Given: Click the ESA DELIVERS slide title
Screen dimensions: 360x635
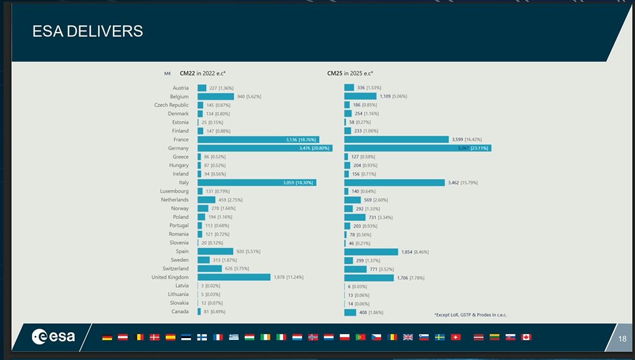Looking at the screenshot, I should [88, 31].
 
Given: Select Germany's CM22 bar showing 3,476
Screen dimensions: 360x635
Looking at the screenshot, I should [264, 148].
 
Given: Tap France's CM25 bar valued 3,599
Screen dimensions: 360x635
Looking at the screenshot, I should [396, 140].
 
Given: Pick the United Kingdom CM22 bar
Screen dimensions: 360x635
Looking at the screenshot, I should [234, 277].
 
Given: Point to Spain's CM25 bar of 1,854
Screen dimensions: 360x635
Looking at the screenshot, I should [371, 252].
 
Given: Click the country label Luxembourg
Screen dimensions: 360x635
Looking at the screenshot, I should [174, 191].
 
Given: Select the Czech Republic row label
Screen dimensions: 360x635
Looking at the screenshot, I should [171, 105].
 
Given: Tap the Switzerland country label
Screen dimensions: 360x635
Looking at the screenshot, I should [176, 268].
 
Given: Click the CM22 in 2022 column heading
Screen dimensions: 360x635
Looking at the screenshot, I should [203, 74].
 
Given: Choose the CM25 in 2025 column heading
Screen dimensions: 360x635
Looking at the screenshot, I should [350, 74].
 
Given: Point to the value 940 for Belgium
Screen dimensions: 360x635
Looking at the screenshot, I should [241, 96].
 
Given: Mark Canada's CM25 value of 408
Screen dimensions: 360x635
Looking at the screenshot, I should [363, 312].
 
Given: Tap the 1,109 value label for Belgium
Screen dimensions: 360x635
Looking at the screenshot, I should [385, 96].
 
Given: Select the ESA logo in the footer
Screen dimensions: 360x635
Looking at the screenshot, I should [53, 336].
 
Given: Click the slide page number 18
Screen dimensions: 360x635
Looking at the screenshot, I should [622, 339].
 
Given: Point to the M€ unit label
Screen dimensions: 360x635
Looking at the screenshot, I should [168, 74].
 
